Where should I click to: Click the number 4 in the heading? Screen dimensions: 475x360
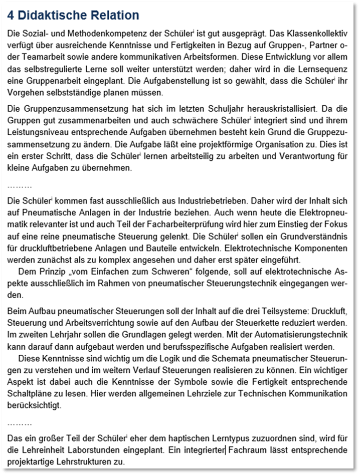pyautogui.click(x=13, y=16)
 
